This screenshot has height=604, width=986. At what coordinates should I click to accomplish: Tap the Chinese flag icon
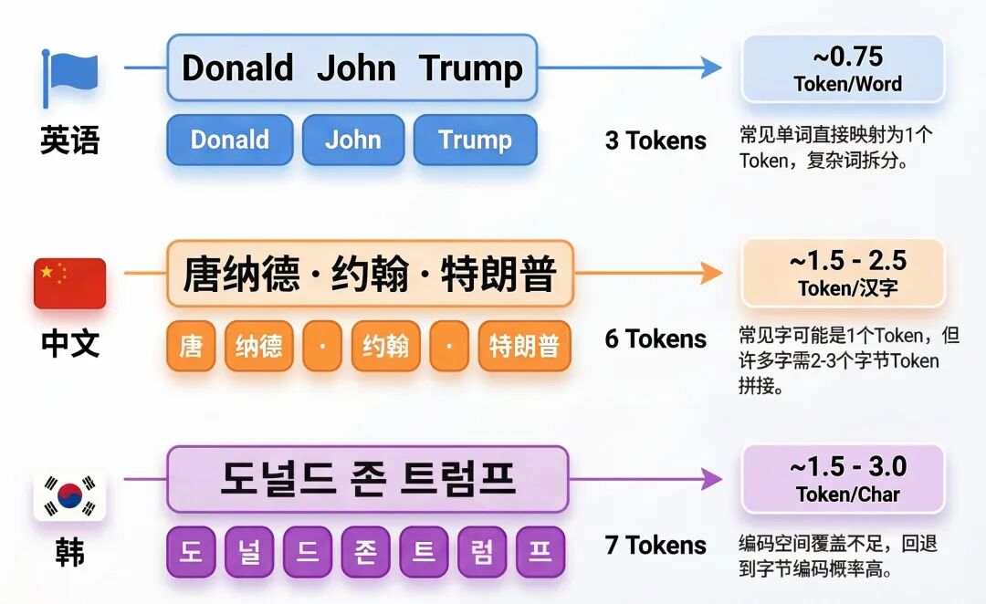point(70,283)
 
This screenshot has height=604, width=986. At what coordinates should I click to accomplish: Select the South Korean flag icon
point(70,495)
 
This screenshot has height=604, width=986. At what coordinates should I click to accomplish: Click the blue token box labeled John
point(352,140)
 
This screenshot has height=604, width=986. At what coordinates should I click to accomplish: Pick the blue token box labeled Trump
point(475,140)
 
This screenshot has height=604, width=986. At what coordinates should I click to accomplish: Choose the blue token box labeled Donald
point(229,140)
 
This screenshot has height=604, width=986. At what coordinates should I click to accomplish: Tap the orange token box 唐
point(191,347)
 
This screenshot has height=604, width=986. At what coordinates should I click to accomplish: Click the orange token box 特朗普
point(524,347)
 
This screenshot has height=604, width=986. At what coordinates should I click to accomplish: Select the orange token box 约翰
point(385,347)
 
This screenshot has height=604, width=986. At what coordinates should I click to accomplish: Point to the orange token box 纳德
point(258,347)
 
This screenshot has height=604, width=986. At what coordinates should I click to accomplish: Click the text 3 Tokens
point(656,141)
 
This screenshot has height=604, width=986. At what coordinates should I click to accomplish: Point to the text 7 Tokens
point(656,546)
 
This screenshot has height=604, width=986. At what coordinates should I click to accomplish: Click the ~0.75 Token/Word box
point(843,68)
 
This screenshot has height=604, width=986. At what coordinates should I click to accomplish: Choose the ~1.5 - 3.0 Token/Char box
point(843,479)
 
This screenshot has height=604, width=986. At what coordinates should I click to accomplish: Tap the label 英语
point(69,141)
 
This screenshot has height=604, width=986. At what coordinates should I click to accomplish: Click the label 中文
point(69,344)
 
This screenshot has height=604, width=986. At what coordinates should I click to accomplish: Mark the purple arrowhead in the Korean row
point(711,478)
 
